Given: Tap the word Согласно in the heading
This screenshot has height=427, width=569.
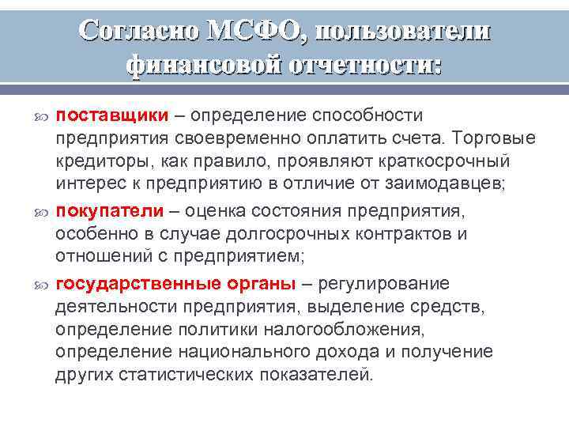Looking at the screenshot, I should (138, 29).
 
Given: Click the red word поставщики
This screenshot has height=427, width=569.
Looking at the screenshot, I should (112, 115).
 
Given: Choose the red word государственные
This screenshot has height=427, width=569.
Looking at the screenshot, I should (139, 283).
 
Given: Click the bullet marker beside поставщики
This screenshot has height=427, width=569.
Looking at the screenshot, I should (43, 116).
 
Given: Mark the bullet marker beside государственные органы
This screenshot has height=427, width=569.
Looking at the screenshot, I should (43, 284).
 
